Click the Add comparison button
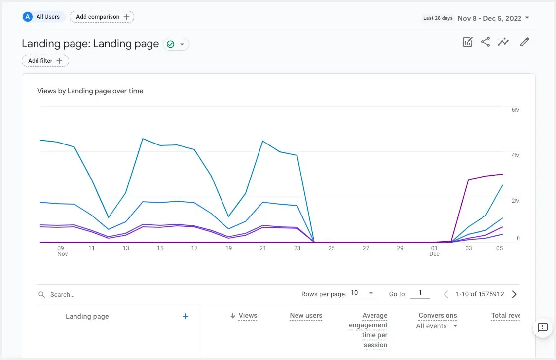102,17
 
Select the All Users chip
43,17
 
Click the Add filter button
45,61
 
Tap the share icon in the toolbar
485,42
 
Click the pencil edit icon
525,42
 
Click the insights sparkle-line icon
503,42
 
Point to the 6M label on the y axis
516,110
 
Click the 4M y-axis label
516,155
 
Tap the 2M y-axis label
516,201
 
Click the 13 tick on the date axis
126,248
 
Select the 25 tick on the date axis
332,248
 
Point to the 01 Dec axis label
434,251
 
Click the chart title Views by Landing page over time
90,91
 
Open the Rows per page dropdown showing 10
363,293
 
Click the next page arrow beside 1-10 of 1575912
514,294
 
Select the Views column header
248,316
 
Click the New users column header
306,316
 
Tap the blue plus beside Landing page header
186,316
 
